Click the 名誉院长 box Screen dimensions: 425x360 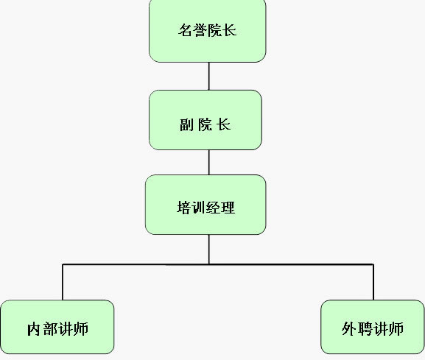(x=208, y=30)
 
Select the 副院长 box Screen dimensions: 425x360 (x=206, y=120)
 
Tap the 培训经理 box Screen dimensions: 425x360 (x=206, y=205)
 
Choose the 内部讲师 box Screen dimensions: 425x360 (x=57, y=327)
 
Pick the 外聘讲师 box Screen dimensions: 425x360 (x=373, y=327)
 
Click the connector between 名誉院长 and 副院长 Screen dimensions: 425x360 (x=208, y=76)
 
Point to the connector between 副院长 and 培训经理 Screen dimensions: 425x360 (x=208, y=162)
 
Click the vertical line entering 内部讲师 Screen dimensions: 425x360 (x=63, y=282)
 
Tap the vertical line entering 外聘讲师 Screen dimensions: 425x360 (x=373, y=282)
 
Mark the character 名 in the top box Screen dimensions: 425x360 (x=186, y=30)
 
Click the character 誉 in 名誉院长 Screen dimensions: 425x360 (x=200, y=30)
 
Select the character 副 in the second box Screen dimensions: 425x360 (x=187, y=124)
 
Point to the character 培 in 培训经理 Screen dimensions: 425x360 (x=184, y=208)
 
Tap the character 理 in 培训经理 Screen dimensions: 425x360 (x=228, y=208)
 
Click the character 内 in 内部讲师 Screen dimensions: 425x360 (x=34, y=329)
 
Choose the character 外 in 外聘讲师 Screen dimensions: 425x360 (x=349, y=329)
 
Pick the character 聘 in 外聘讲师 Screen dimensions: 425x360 (x=365, y=329)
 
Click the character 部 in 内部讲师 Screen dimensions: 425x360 (x=50, y=329)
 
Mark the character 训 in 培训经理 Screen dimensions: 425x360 (x=199, y=208)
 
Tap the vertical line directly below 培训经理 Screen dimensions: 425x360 (x=208, y=250)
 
